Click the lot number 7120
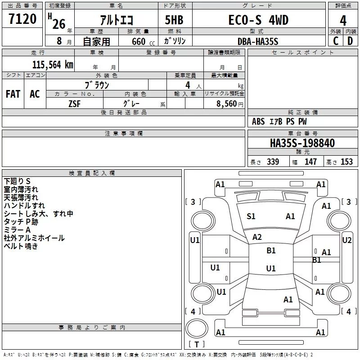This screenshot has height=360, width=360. pos(22,19)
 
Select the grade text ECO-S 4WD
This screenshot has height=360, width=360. pos(258,20)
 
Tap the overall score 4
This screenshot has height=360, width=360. pos(343,20)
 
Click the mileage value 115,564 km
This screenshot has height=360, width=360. pos(53,64)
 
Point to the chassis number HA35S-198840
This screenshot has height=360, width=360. pos(302,143)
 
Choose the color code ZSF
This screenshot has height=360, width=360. pos(74,104)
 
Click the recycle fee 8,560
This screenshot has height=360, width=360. pos(226,104)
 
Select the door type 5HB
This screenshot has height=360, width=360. pos(174,20)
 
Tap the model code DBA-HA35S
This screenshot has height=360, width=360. pos(258,41)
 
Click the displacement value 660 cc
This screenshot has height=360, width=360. pos(143,42)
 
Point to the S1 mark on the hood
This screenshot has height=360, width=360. pos(251,216)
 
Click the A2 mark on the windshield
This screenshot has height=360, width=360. pos(257,237)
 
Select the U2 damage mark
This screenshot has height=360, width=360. pos(346,240)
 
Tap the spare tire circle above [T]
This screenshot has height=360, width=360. pos(197,328)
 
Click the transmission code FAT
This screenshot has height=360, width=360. pos(13,94)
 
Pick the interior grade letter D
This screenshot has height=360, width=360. pos(350,41)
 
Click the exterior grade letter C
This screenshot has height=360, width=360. pos(336,41)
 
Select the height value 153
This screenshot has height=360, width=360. pos(346,162)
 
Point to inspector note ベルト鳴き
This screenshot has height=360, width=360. pos(21,246)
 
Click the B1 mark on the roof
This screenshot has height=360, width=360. pos(271,251)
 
